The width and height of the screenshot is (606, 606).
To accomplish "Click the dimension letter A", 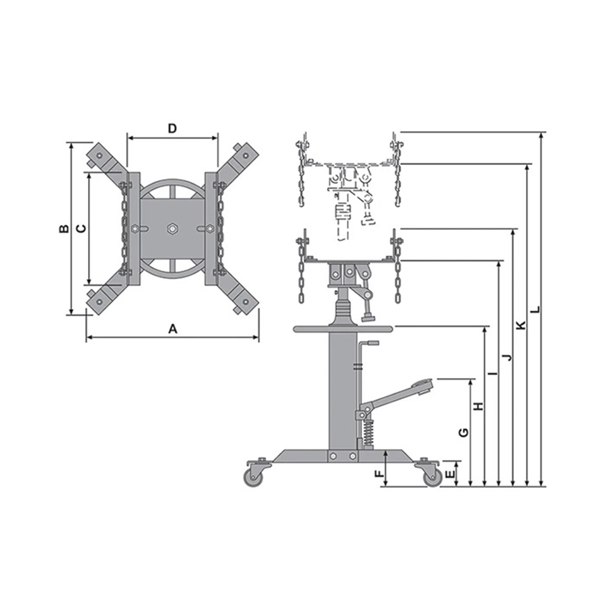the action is click(x=173, y=329).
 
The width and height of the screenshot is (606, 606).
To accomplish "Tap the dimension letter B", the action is click(x=64, y=228).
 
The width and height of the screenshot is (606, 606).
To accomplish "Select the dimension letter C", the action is click(x=82, y=228).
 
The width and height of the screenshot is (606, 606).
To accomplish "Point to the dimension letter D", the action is click(x=173, y=128).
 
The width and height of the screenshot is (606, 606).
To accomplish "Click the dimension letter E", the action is click(x=451, y=474).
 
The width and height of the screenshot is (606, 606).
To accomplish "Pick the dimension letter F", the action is click(x=380, y=474).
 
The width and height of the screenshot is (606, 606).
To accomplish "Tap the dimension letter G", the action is click(x=463, y=432).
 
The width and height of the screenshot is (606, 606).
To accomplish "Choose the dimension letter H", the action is click(x=478, y=406).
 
